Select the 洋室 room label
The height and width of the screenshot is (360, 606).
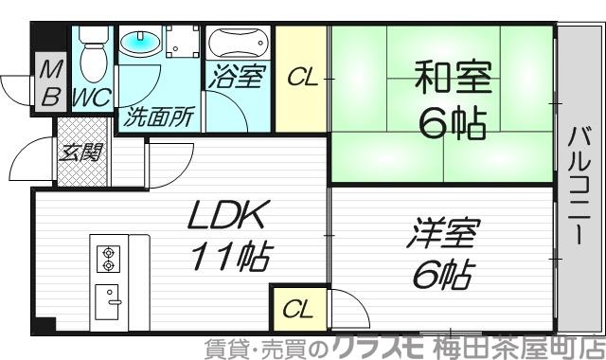click(446, 234)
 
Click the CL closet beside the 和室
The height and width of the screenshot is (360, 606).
click(302, 79)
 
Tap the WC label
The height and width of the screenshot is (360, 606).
click(92, 97)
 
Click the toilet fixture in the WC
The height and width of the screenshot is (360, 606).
click(92, 54)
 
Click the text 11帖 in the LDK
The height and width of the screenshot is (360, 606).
click(232, 256)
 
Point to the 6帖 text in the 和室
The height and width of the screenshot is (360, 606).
click(451, 123)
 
